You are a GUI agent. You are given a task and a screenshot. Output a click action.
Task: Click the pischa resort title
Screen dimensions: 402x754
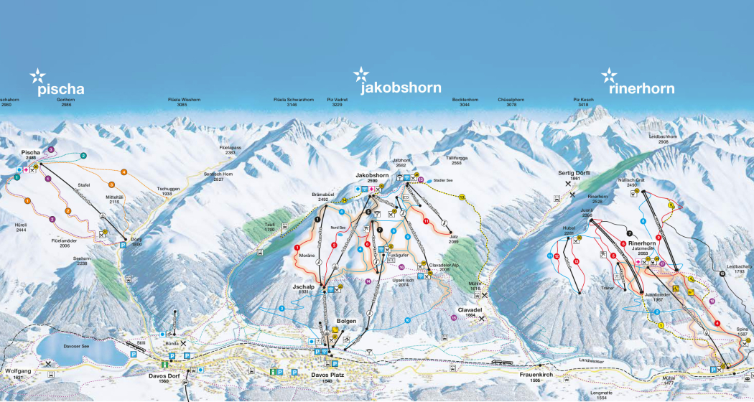point(61,89)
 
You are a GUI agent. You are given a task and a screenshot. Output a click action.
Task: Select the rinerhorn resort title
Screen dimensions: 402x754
point(641,89)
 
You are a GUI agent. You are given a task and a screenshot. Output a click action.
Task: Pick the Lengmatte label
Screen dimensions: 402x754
point(606,393)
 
